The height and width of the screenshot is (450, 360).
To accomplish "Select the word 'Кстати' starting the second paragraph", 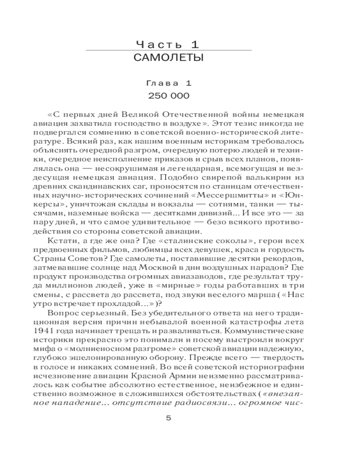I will click(x=59, y=241).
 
